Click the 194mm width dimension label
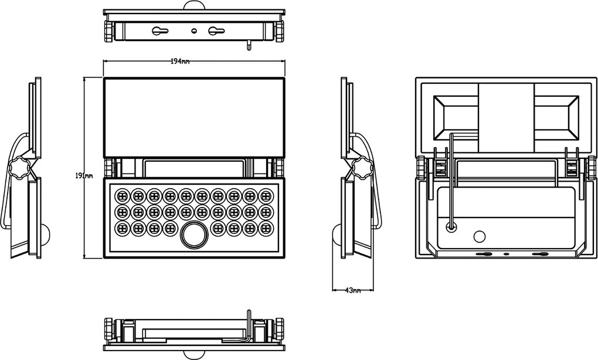click(x=180, y=62)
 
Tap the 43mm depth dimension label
click(x=353, y=290)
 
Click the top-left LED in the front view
click(x=122, y=196)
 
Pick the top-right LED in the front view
click(x=266, y=196)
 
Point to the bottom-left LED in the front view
click(x=122, y=229)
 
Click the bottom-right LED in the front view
click(x=266, y=229)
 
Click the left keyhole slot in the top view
click(x=160, y=31)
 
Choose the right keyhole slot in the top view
click(x=216, y=31)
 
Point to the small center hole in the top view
click(x=193, y=31)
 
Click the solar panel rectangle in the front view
click(x=194, y=117)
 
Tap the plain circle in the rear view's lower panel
click(x=480, y=236)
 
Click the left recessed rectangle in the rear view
click(x=456, y=118)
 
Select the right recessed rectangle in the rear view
click(x=556, y=118)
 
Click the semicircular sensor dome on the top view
click(x=195, y=5)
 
